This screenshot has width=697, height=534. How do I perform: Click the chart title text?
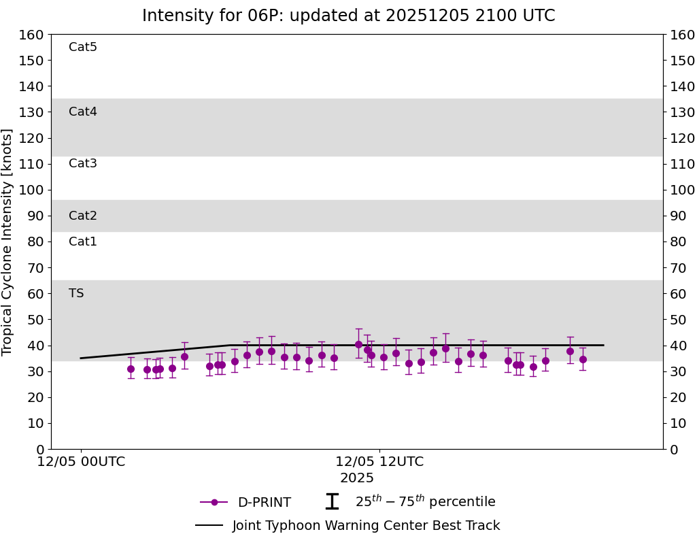click(348, 16)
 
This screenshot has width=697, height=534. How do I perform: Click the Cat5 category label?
click(83, 47)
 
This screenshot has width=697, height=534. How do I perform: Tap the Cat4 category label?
click(83, 112)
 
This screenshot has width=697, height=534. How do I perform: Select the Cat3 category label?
click(83, 163)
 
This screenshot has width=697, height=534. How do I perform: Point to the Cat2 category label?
click(83, 216)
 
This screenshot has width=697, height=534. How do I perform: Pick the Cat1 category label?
click(83, 241)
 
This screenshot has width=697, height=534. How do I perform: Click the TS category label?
click(76, 293)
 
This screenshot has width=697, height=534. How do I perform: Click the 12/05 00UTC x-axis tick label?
click(81, 462)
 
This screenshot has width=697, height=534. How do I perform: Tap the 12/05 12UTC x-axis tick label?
click(379, 462)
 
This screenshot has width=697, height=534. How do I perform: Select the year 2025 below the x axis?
click(357, 478)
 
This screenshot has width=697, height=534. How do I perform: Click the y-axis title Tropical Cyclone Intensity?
click(7, 241)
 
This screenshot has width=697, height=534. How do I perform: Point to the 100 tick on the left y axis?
click(33, 190)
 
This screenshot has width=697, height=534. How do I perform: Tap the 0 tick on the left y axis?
click(40, 449)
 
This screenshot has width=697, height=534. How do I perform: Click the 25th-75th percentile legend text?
click(425, 502)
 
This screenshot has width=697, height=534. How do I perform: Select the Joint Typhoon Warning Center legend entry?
click(366, 526)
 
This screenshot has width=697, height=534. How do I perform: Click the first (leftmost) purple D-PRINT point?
click(131, 369)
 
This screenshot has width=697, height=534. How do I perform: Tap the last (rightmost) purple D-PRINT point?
click(583, 359)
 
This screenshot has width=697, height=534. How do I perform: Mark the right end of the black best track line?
click(603, 345)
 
